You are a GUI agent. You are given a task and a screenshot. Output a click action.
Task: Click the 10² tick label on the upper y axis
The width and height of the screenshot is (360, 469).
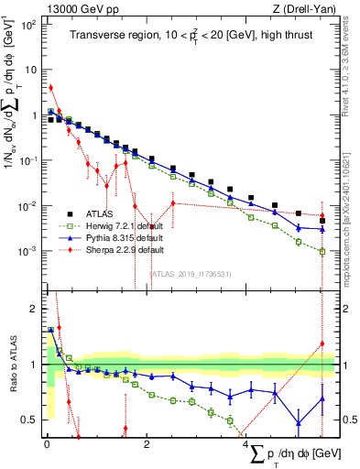(x=28, y=25)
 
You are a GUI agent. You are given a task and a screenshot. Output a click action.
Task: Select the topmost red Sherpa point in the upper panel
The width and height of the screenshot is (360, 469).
(x=51, y=88)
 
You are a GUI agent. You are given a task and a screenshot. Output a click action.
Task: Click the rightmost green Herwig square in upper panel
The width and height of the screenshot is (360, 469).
(x=322, y=250)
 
